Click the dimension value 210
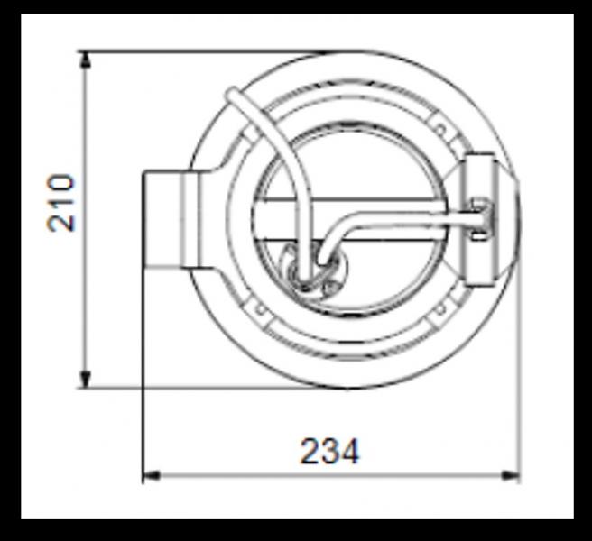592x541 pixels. tap(61, 202)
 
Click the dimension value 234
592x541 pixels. tap(329, 451)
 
